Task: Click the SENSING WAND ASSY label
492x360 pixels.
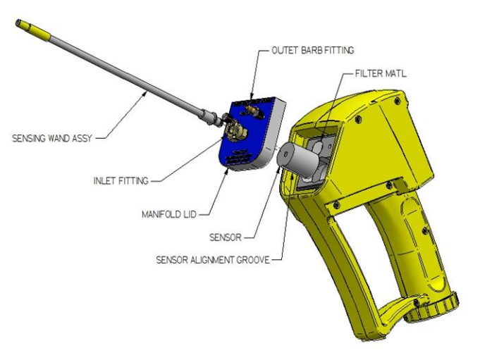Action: click(x=51, y=138)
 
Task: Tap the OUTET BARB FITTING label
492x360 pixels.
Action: click(x=312, y=50)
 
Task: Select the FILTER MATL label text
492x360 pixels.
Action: click(x=381, y=73)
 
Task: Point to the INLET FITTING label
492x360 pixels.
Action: click(x=121, y=180)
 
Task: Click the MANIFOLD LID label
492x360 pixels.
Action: click(x=169, y=214)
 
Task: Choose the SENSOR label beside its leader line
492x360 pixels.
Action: click(x=226, y=237)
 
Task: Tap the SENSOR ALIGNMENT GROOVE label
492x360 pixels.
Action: click(x=213, y=260)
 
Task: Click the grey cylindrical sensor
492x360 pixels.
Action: click(x=297, y=159)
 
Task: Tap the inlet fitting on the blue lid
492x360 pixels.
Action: click(x=235, y=131)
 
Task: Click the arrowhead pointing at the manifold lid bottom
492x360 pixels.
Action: click(x=227, y=171)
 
